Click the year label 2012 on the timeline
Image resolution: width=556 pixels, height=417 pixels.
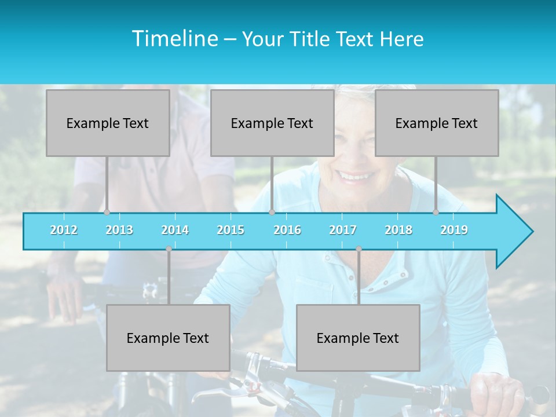[64, 230]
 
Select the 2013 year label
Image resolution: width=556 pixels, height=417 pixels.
[119, 230]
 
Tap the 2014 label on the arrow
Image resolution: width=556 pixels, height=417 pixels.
[175, 230]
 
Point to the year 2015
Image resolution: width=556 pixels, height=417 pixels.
[231, 230]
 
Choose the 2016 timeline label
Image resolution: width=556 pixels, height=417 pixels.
[287, 230]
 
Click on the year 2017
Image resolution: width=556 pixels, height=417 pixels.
[343, 230]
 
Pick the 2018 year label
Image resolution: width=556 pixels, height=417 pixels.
[398, 230]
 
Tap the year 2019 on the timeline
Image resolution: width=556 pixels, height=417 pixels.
[454, 230]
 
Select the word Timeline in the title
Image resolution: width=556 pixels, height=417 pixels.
[174, 39]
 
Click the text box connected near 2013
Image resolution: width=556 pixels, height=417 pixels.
[108, 123]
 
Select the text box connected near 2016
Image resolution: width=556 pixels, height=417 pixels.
[272, 123]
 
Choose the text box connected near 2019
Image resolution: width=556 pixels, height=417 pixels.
[437, 123]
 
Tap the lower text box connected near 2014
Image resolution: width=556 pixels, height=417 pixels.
[168, 338]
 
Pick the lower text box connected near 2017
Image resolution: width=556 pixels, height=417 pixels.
[358, 338]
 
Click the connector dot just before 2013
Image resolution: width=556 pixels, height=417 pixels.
[107, 212]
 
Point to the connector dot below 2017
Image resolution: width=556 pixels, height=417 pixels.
[359, 249]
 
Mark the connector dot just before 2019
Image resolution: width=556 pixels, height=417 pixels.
[436, 212]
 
